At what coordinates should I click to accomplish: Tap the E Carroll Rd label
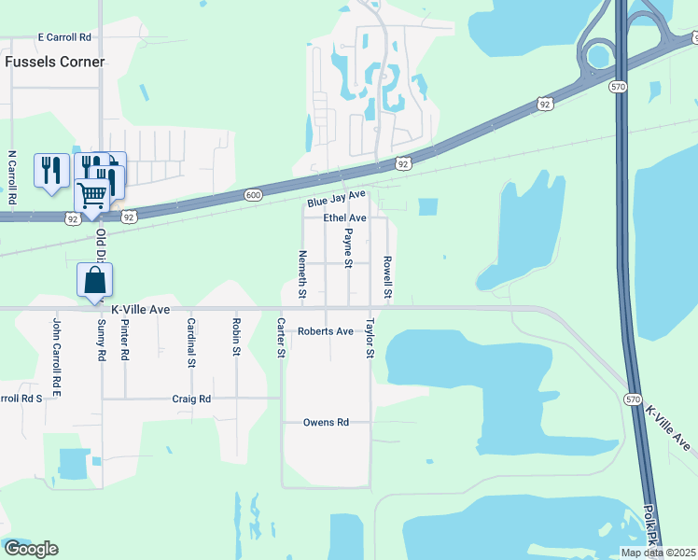64,37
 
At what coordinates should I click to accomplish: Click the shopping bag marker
95,280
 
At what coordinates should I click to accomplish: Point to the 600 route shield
254,194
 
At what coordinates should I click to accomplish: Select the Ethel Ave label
344,217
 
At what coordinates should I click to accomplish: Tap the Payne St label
348,247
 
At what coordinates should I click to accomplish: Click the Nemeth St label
302,274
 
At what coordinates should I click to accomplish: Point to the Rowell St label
387,277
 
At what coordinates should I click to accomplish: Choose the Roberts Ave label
326,331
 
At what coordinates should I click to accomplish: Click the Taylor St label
370,339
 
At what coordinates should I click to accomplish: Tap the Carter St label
281,337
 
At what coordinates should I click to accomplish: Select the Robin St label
237,337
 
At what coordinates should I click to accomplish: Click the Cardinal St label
191,343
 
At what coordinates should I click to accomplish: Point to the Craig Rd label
191,399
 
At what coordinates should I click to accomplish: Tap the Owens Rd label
326,423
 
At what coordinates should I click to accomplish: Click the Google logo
30,549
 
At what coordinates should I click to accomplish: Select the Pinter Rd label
124,343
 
